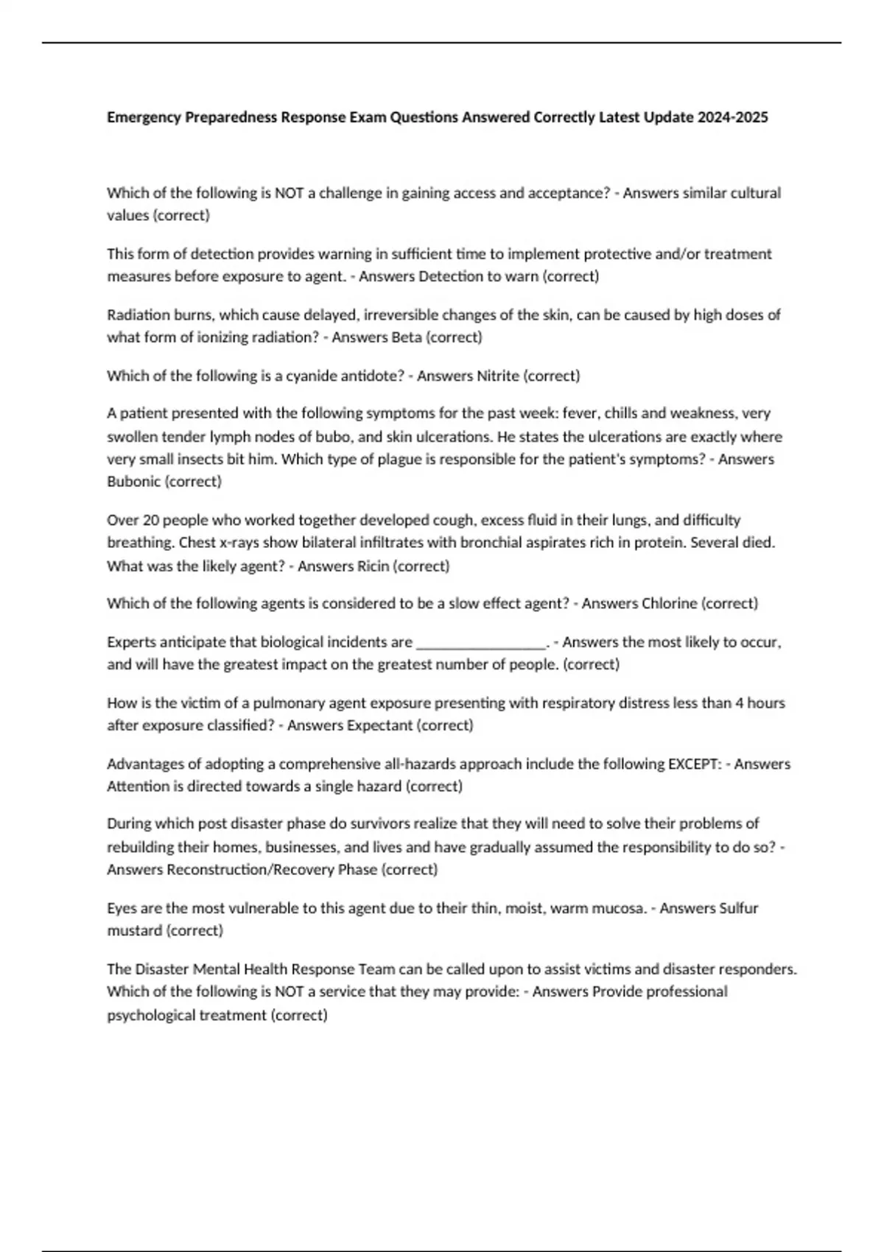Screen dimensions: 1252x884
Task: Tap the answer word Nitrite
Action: pos(498,376)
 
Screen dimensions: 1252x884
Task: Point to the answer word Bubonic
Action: pos(133,482)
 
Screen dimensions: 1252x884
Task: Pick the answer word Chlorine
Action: pos(669,603)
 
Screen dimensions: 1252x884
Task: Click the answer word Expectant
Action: pos(379,725)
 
